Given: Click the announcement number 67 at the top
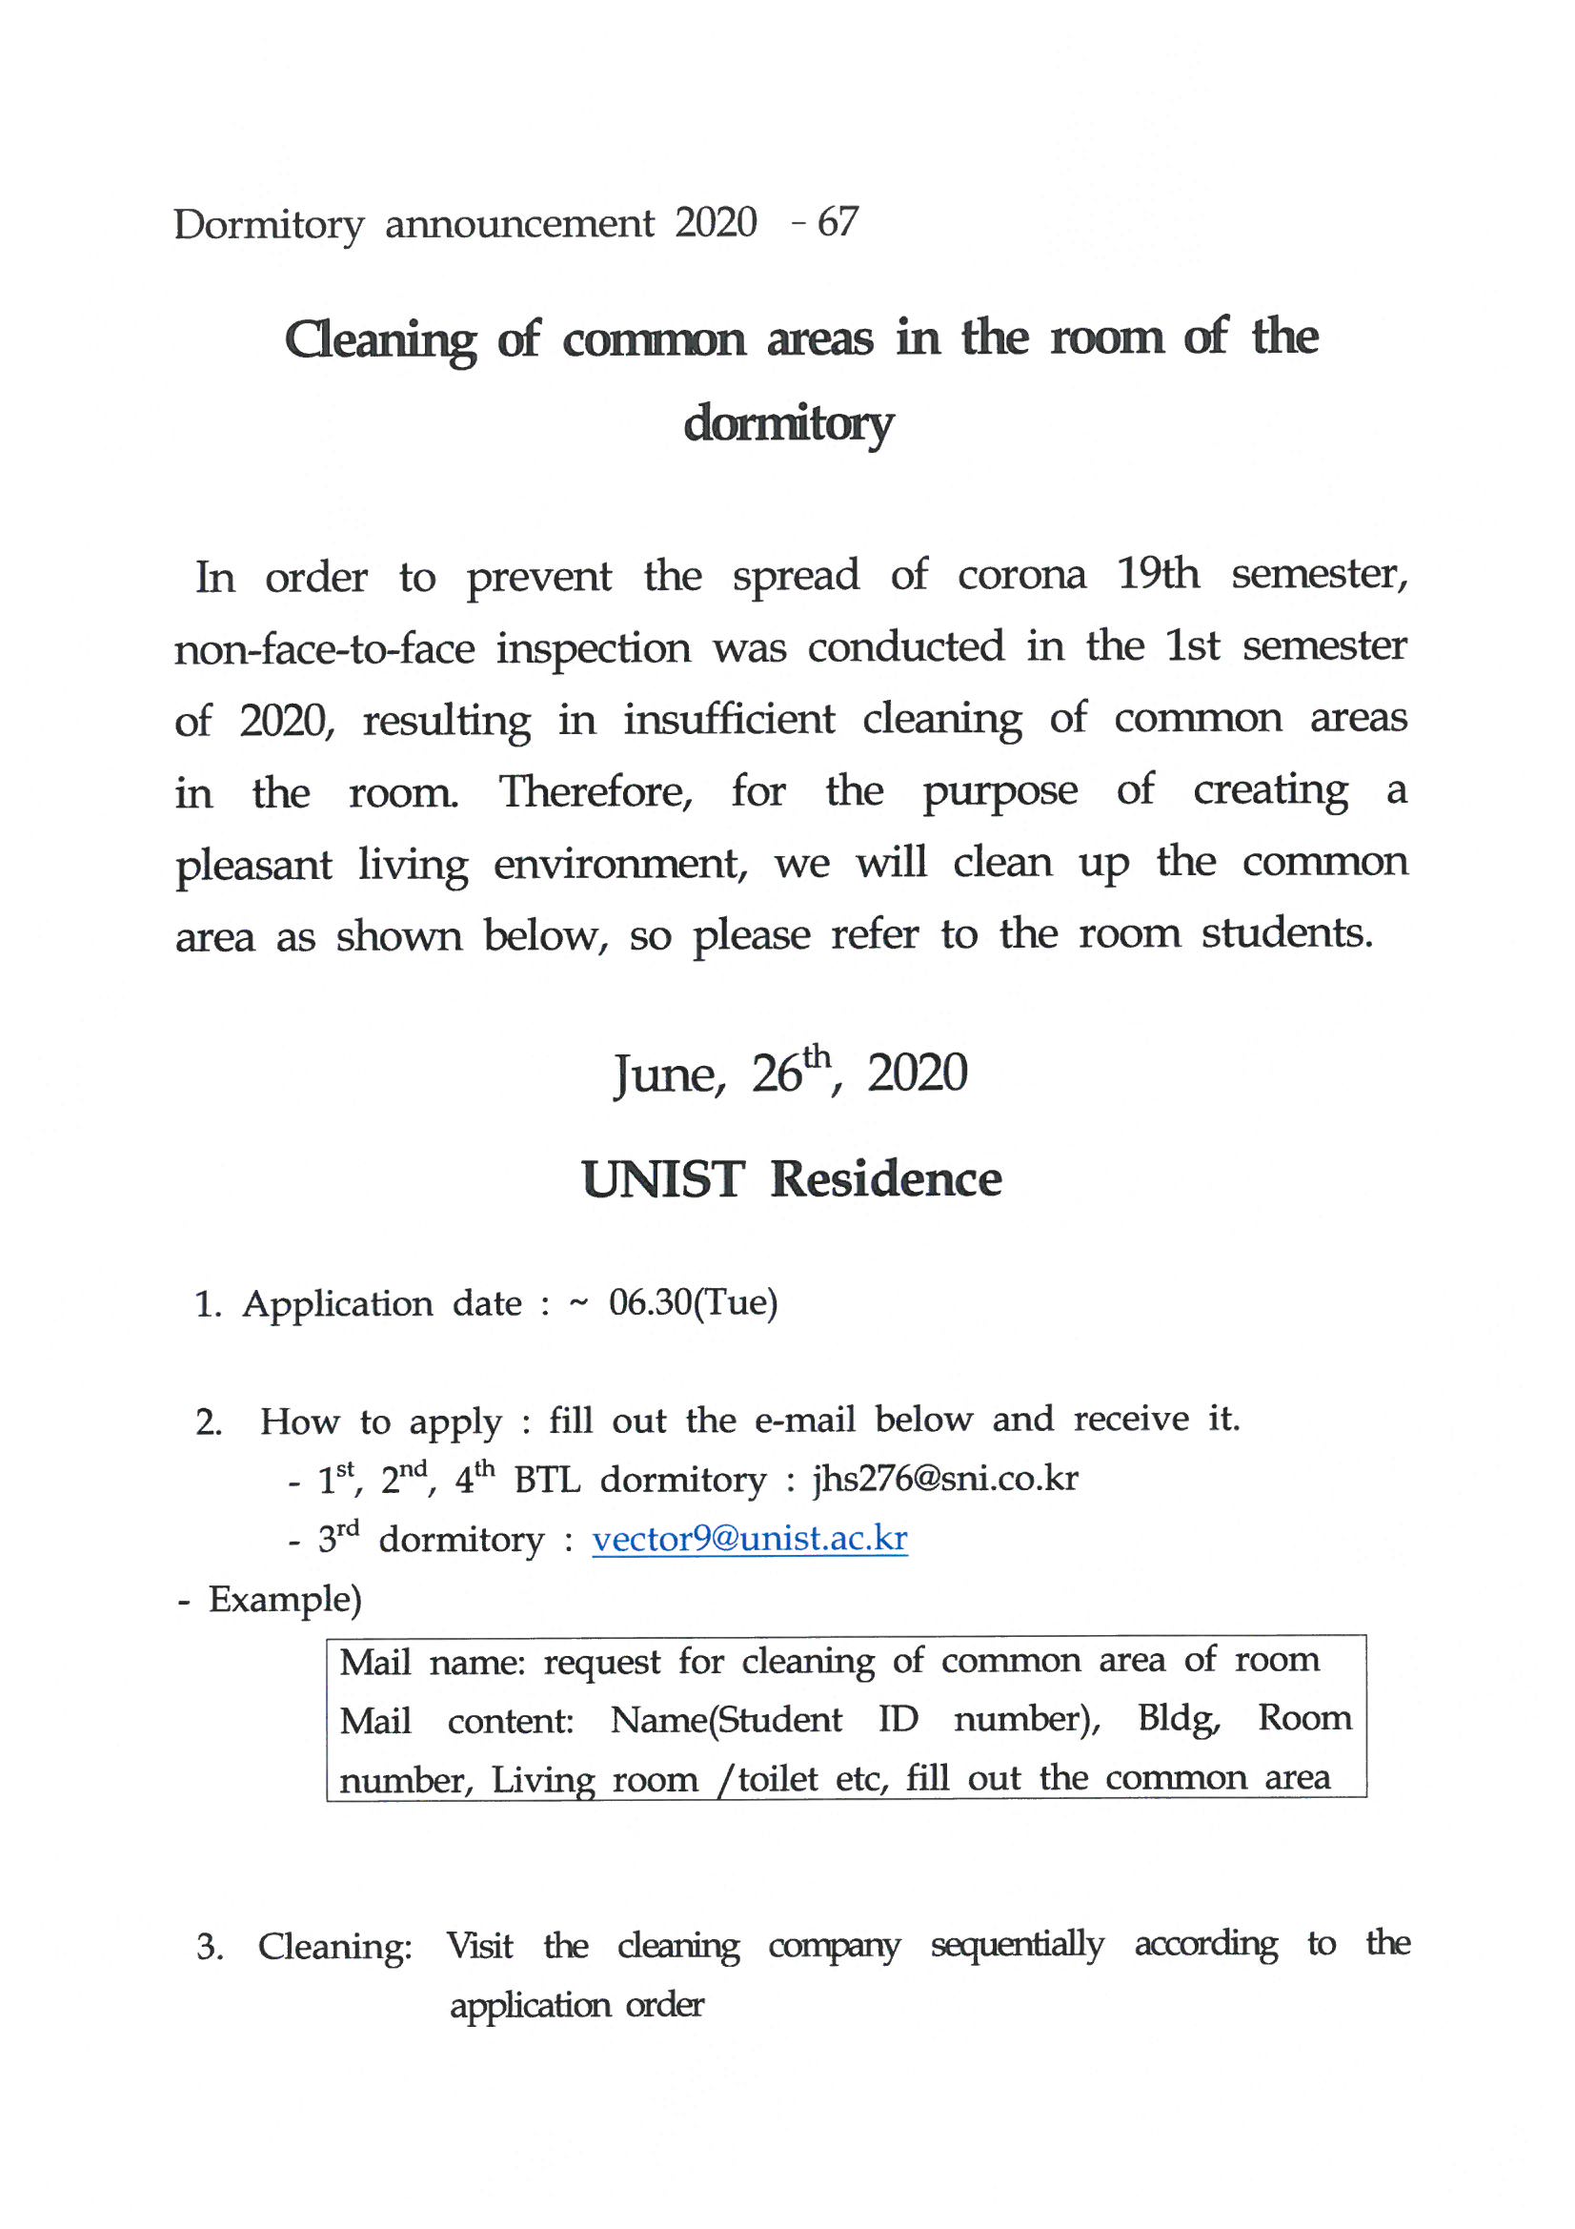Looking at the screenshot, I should pos(838,223).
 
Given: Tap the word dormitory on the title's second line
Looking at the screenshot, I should pos(787,425).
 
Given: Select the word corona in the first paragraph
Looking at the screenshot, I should pos(1020,575).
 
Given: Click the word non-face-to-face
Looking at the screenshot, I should pos(324,648).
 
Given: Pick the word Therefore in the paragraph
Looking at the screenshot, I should pos(595,791).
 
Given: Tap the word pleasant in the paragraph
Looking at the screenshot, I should pos(253,865).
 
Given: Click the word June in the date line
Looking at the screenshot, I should pos(669,1074).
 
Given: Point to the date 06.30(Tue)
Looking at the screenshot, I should pos(693,1303).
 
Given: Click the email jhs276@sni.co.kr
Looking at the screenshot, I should pos(944,1479).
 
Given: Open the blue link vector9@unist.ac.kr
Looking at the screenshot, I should pos(749,1539).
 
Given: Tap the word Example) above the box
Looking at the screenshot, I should pos(284,1599).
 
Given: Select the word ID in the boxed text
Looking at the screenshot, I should pos(898,1719).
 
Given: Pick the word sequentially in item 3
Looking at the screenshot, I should pos(1016,1945).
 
